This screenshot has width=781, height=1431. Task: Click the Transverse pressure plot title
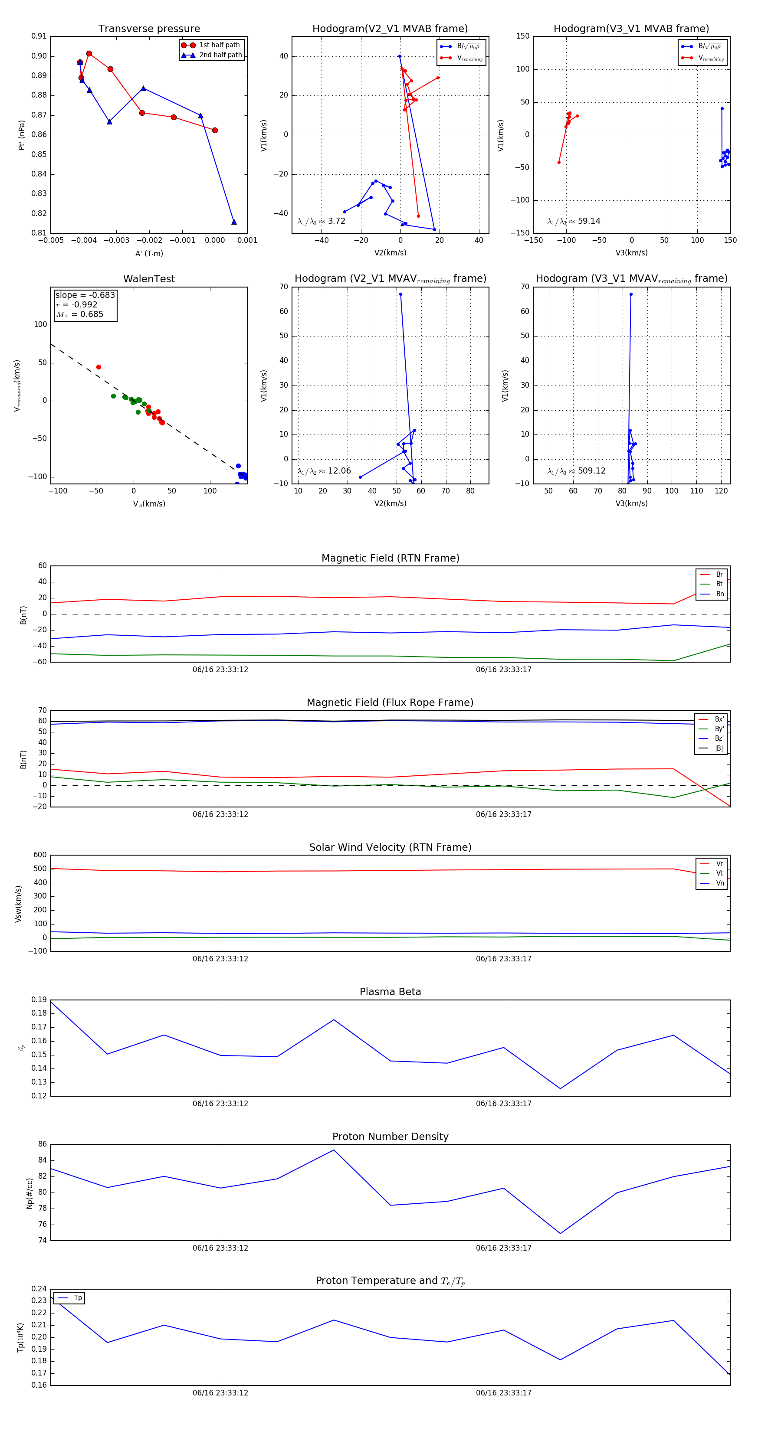click(x=149, y=29)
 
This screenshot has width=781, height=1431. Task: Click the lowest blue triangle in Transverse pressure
click(x=234, y=222)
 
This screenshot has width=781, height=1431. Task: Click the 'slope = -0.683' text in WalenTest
click(x=85, y=295)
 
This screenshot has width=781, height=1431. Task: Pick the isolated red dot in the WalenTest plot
click(x=98, y=367)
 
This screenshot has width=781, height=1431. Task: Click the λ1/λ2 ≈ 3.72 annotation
click(x=321, y=221)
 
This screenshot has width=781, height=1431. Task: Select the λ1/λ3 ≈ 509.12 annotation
click(x=577, y=471)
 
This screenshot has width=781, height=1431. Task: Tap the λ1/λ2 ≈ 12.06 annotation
click(x=324, y=471)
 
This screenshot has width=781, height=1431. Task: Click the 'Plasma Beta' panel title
click(x=390, y=992)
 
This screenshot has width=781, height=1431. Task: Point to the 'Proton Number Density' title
click(x=390, y=1137)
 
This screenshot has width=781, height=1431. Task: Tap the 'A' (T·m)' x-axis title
click(x=149, y=253)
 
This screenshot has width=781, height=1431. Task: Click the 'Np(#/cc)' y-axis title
click(x=30, y=1193)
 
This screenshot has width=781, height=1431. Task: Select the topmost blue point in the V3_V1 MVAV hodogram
click(x=631, y=294)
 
